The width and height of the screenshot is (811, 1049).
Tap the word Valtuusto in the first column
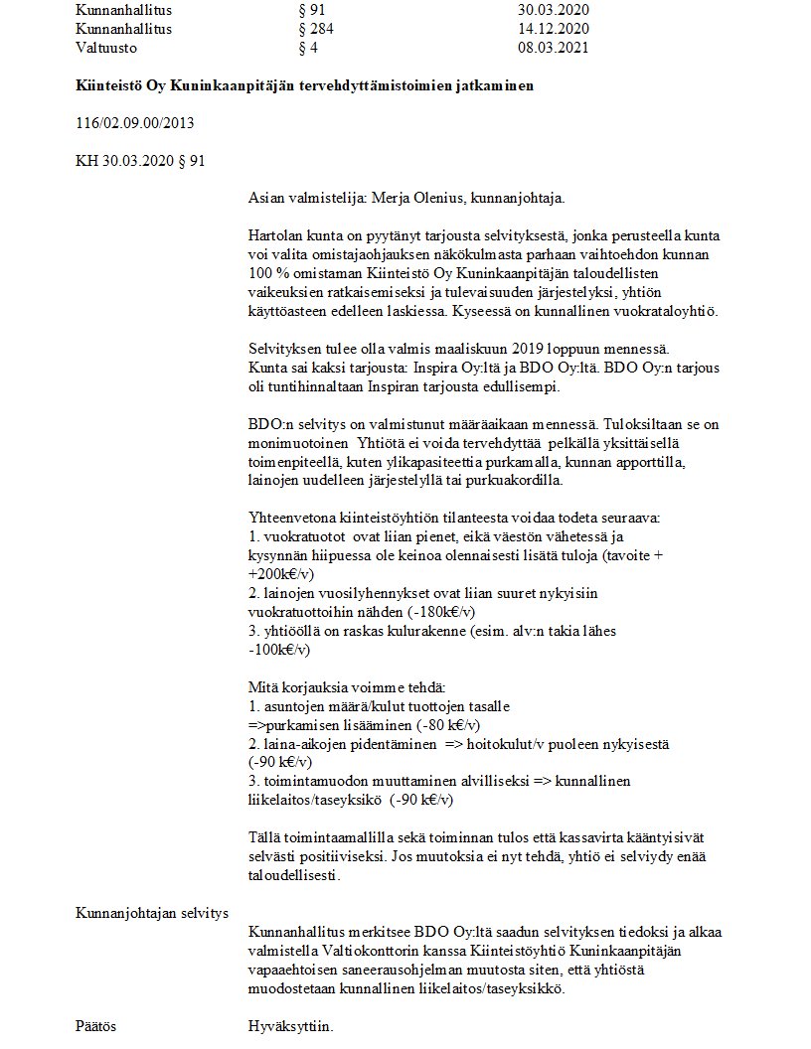[x=106, y=47]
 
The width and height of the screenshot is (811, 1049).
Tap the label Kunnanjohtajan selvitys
[x=152, y=912]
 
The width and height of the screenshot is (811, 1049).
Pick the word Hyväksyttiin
[x=290, y=1025]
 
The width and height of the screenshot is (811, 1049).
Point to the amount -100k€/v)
[x=279, y=650]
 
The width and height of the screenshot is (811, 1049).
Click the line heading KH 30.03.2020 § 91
[x=140, y=160]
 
